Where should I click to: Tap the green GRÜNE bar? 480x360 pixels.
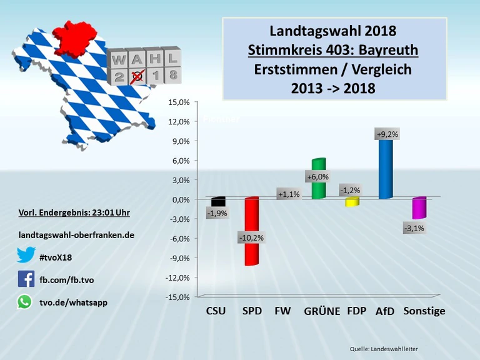coord(319,187)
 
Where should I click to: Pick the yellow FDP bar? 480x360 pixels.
coord(352,202)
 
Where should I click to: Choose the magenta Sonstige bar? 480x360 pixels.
coord(419,209)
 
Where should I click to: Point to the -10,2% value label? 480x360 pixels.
coord(251,237)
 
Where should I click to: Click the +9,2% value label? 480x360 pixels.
coord(387,134)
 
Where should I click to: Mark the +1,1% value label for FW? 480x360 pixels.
coord(289,194)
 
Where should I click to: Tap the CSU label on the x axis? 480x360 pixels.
coord(216,311)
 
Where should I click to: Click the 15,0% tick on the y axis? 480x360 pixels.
coord(179,102)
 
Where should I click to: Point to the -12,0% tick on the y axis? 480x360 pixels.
coord(177,277)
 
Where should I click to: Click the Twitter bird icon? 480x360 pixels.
coord(26,255)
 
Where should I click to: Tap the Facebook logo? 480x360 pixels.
coord(26,279)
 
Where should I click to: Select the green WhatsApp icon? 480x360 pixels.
coord(25,302)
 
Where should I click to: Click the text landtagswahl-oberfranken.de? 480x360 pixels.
coord(77,235)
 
